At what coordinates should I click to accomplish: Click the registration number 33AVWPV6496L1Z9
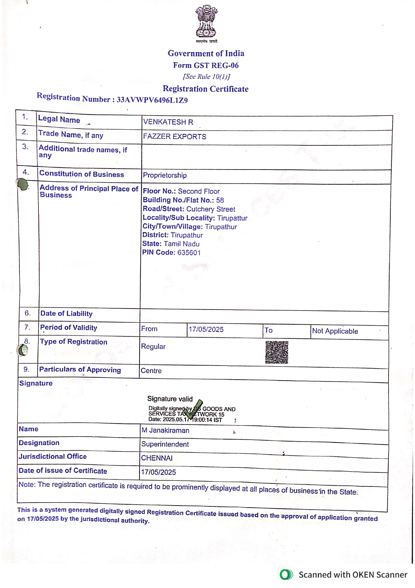(152, 100)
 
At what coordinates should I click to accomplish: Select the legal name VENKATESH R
(168, 122)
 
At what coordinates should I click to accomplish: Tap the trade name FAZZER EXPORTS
(174, 137)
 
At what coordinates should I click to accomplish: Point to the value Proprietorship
(165, 175)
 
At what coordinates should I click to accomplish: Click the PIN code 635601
(189, 253)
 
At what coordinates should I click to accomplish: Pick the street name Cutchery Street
(211, 209)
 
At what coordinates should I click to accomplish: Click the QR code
(276, 352)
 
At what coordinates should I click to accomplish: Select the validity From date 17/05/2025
(206, 329)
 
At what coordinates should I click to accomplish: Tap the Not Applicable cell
(335, 331)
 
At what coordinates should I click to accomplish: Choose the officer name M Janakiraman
(165, 430)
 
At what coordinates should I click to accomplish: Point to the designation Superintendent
(165, 444)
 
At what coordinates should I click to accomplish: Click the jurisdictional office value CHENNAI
(157, 458)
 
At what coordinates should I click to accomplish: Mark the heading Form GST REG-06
(205, 65)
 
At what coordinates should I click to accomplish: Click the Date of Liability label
(66, 314)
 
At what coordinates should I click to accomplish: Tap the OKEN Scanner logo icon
(286, 575)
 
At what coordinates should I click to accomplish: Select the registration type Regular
(153, 346)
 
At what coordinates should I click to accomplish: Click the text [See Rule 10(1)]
(206, 77)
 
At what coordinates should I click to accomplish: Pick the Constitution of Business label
(81, 174)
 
